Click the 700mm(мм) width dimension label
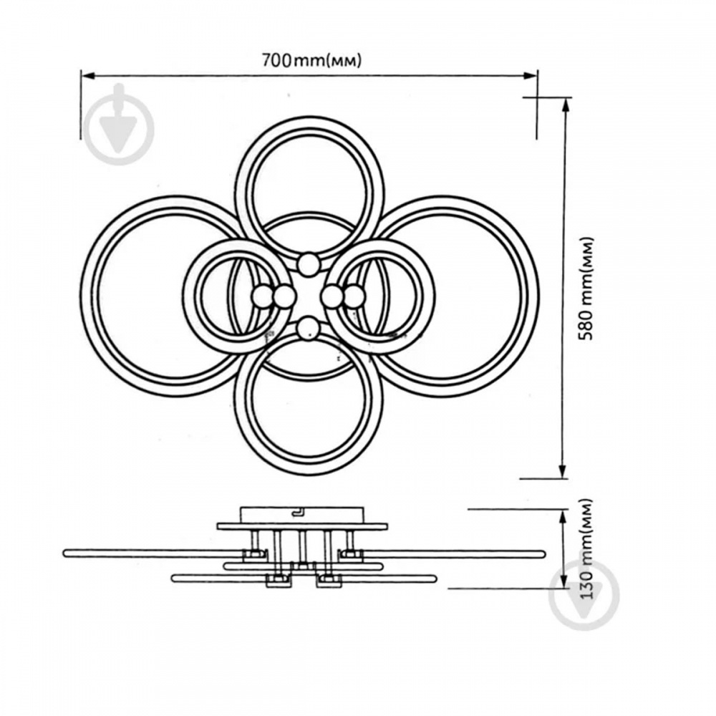[x=311, y=60]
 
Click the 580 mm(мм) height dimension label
[x=586, y=288]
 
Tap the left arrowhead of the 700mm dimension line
[x=87, y=75]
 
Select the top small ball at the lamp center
[x=309, y=264]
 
